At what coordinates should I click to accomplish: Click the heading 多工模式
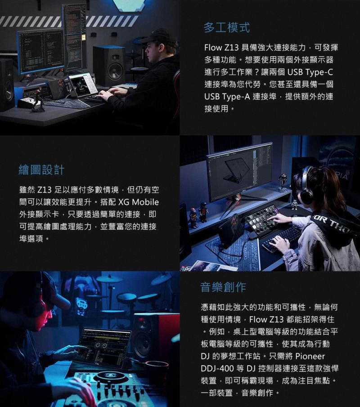coord(227,27)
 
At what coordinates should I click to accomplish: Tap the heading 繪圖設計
coord(41,170)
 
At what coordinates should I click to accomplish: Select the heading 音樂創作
coord(223,286)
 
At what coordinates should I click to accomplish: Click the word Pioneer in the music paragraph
coord(310,356)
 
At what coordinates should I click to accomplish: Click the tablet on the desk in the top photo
coord(83,84)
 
